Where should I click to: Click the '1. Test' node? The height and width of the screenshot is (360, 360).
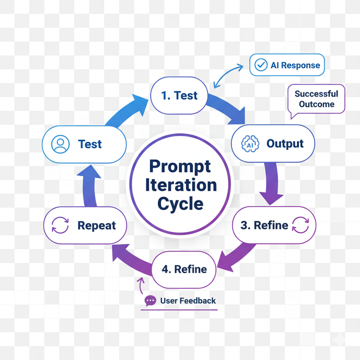click(x=179, y=95)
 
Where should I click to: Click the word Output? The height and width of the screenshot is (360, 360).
click(x=285, y=144)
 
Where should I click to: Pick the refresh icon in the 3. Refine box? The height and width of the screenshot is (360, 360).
click(x=300, y=225)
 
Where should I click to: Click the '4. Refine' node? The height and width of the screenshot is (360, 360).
click(x=184, y=270)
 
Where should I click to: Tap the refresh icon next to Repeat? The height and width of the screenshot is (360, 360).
click(x=60, y=225)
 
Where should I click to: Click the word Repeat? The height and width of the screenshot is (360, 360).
click(x=96, y=225)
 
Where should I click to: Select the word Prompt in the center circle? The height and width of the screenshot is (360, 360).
click(x=180, y=166)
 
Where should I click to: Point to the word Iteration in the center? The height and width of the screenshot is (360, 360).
click(x=180, y=185)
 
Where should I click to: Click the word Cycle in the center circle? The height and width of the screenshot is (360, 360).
click(x=180, y=203)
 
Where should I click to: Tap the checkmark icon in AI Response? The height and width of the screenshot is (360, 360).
click(x=260, y=65)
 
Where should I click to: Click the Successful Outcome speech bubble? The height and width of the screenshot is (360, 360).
click(x=316, y=99)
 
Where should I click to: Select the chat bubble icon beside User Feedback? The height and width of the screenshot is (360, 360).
click(x=150, y=301)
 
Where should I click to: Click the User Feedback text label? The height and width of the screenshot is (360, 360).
click(x=188, y=301)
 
